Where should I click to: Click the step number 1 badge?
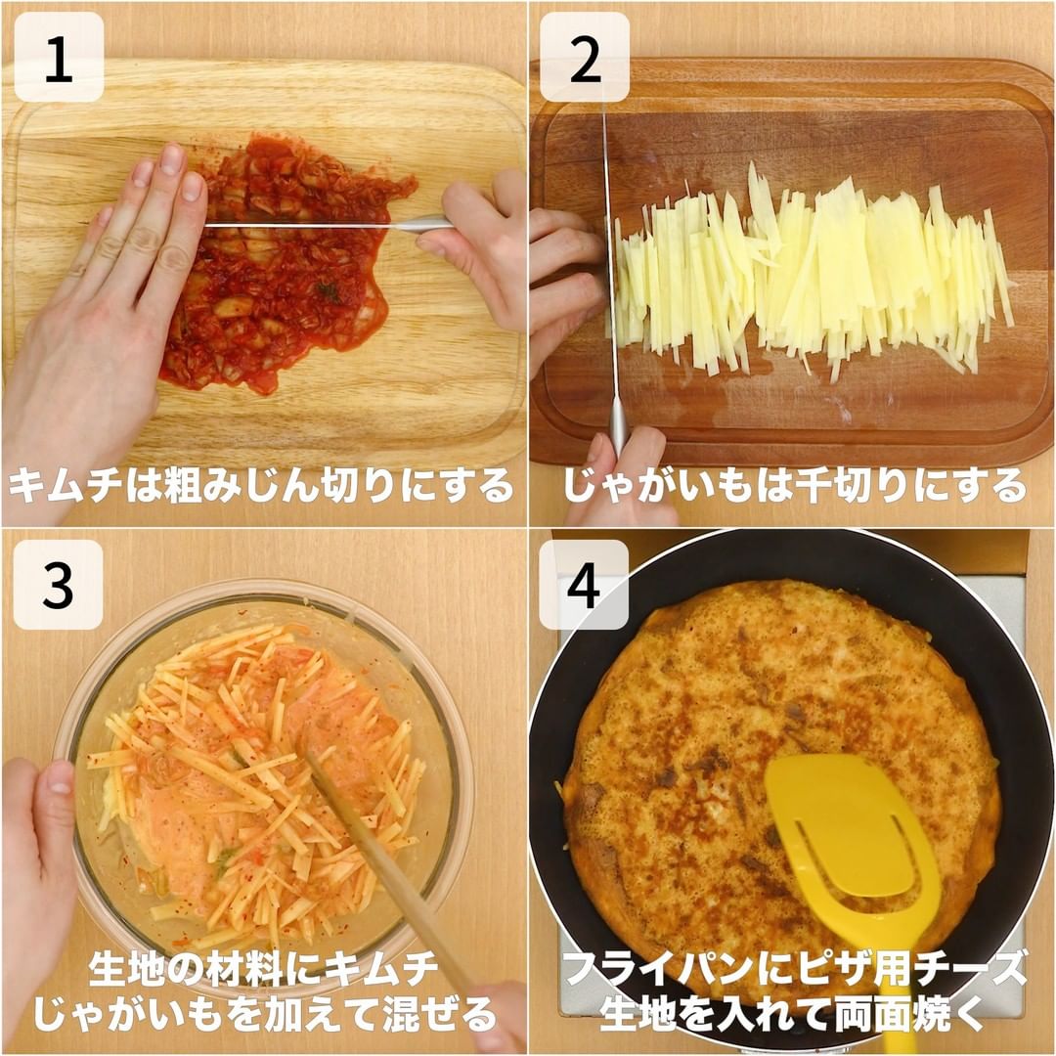tap(59, 58)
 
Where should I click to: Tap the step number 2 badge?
tap(585, 58)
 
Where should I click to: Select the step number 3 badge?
tap(59, 585)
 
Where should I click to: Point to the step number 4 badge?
tap(584, 585)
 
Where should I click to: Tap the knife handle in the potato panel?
tap(618, 424)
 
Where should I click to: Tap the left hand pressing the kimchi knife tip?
tap(101, 296)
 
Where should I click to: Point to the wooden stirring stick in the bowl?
tap(390, 869)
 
